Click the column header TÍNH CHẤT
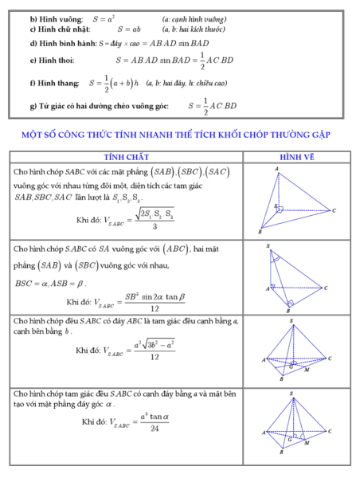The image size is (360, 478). coord(127,157)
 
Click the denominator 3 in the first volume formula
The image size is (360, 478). coord(151,226)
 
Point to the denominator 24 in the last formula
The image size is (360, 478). coord(153,429)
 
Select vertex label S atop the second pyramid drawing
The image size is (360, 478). coord(268,245)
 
